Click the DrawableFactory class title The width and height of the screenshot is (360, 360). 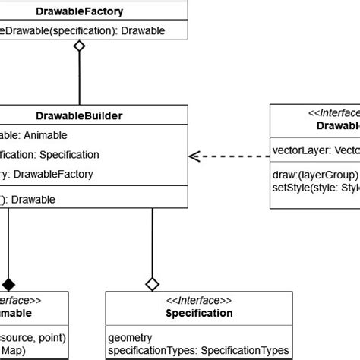point(80,11)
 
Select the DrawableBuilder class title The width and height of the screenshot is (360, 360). point(80,115)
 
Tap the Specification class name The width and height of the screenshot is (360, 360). point(199,313)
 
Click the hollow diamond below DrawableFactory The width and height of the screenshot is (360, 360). point(79,46)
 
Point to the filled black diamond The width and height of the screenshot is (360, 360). point(8,284)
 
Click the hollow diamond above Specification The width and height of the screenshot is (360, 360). point(153,284)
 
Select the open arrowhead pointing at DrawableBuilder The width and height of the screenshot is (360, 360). point(195,156)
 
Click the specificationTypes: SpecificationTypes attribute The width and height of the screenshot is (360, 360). point(198,350)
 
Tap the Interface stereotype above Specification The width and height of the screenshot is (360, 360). point(199,301)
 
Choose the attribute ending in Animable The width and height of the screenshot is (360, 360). point(34,135)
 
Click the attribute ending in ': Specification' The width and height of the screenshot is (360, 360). point(49,154)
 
